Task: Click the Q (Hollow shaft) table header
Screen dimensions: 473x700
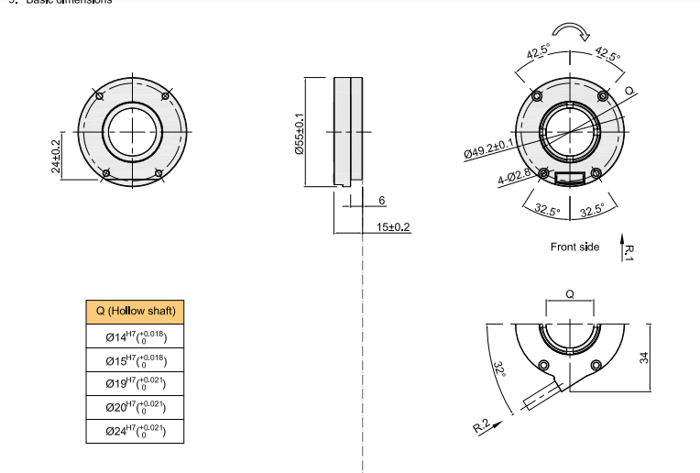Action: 136,311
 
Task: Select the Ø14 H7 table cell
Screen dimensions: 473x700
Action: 136,336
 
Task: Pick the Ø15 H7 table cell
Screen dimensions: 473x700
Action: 136,360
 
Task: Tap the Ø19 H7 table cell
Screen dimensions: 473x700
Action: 136,384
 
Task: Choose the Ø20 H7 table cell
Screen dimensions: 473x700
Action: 136,407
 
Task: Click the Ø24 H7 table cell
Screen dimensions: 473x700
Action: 136,431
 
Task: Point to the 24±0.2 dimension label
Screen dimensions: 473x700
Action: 56,155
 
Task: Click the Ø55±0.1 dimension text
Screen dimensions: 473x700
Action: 299,134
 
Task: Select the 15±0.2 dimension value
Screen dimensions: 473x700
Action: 393,226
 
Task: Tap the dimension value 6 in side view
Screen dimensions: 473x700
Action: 381,200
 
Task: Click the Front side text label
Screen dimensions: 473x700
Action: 574,247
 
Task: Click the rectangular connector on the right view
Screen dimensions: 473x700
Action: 571,178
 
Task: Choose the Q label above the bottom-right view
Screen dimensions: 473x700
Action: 570,295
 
